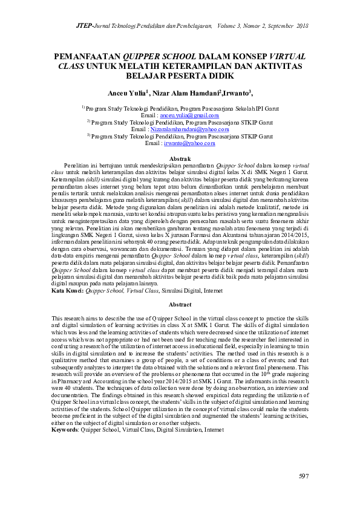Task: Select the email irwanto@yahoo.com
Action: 189,143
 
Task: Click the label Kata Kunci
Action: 67,291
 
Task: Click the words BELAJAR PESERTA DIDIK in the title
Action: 180,76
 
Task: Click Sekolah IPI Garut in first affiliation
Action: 252,108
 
